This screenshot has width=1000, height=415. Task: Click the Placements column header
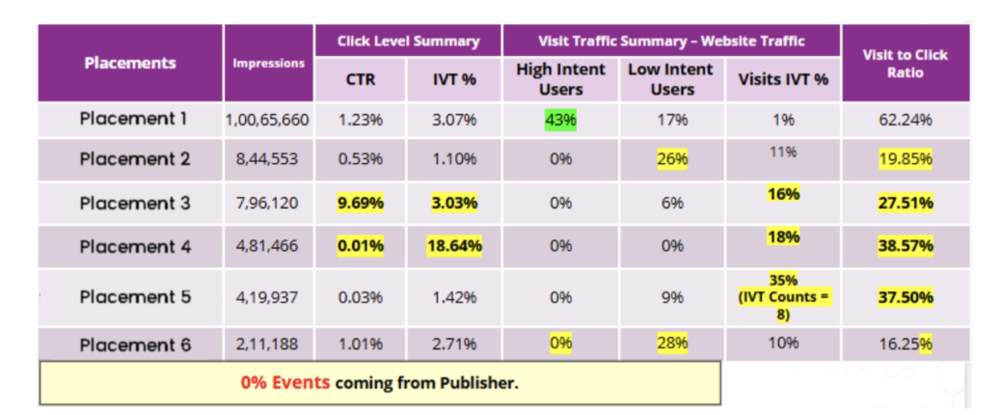pos(130,64)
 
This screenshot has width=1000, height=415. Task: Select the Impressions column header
pos(268,64)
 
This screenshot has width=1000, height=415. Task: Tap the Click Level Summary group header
pos(408,41)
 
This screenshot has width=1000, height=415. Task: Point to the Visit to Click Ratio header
pos(905,64)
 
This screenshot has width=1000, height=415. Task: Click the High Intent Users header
pos(560,79)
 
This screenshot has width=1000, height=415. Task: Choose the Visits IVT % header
pos(783,79)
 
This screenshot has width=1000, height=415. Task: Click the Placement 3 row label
pos(135,204)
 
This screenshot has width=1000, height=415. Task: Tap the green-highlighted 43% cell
pos(560,121)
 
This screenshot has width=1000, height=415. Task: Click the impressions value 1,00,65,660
pos(267,121)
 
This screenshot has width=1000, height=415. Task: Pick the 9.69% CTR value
pos(361,204)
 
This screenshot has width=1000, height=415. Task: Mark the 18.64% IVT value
pos(454,246)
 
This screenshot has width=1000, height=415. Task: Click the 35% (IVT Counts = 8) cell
pos(783,296)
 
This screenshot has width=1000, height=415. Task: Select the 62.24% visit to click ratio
pos(905,121)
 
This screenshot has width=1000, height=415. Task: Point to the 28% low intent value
pos(671,343)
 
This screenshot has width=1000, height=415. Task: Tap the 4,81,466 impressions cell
pos(268,246)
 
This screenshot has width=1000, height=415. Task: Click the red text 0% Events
pos(285,383)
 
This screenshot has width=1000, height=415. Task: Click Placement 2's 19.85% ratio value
pos(905,159)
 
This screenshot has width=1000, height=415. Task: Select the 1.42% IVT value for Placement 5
pos(454,297)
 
